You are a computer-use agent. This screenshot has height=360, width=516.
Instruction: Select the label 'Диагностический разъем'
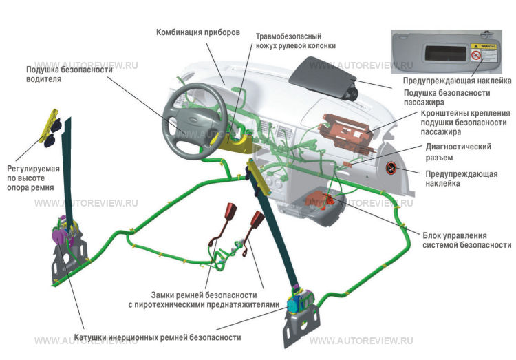458,152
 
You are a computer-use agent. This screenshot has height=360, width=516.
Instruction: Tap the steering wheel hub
186,121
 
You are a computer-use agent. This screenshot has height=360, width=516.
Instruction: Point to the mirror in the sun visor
446,53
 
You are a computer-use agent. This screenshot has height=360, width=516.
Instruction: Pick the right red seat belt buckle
258,220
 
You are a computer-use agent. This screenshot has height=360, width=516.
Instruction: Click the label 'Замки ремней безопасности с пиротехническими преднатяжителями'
204,299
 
